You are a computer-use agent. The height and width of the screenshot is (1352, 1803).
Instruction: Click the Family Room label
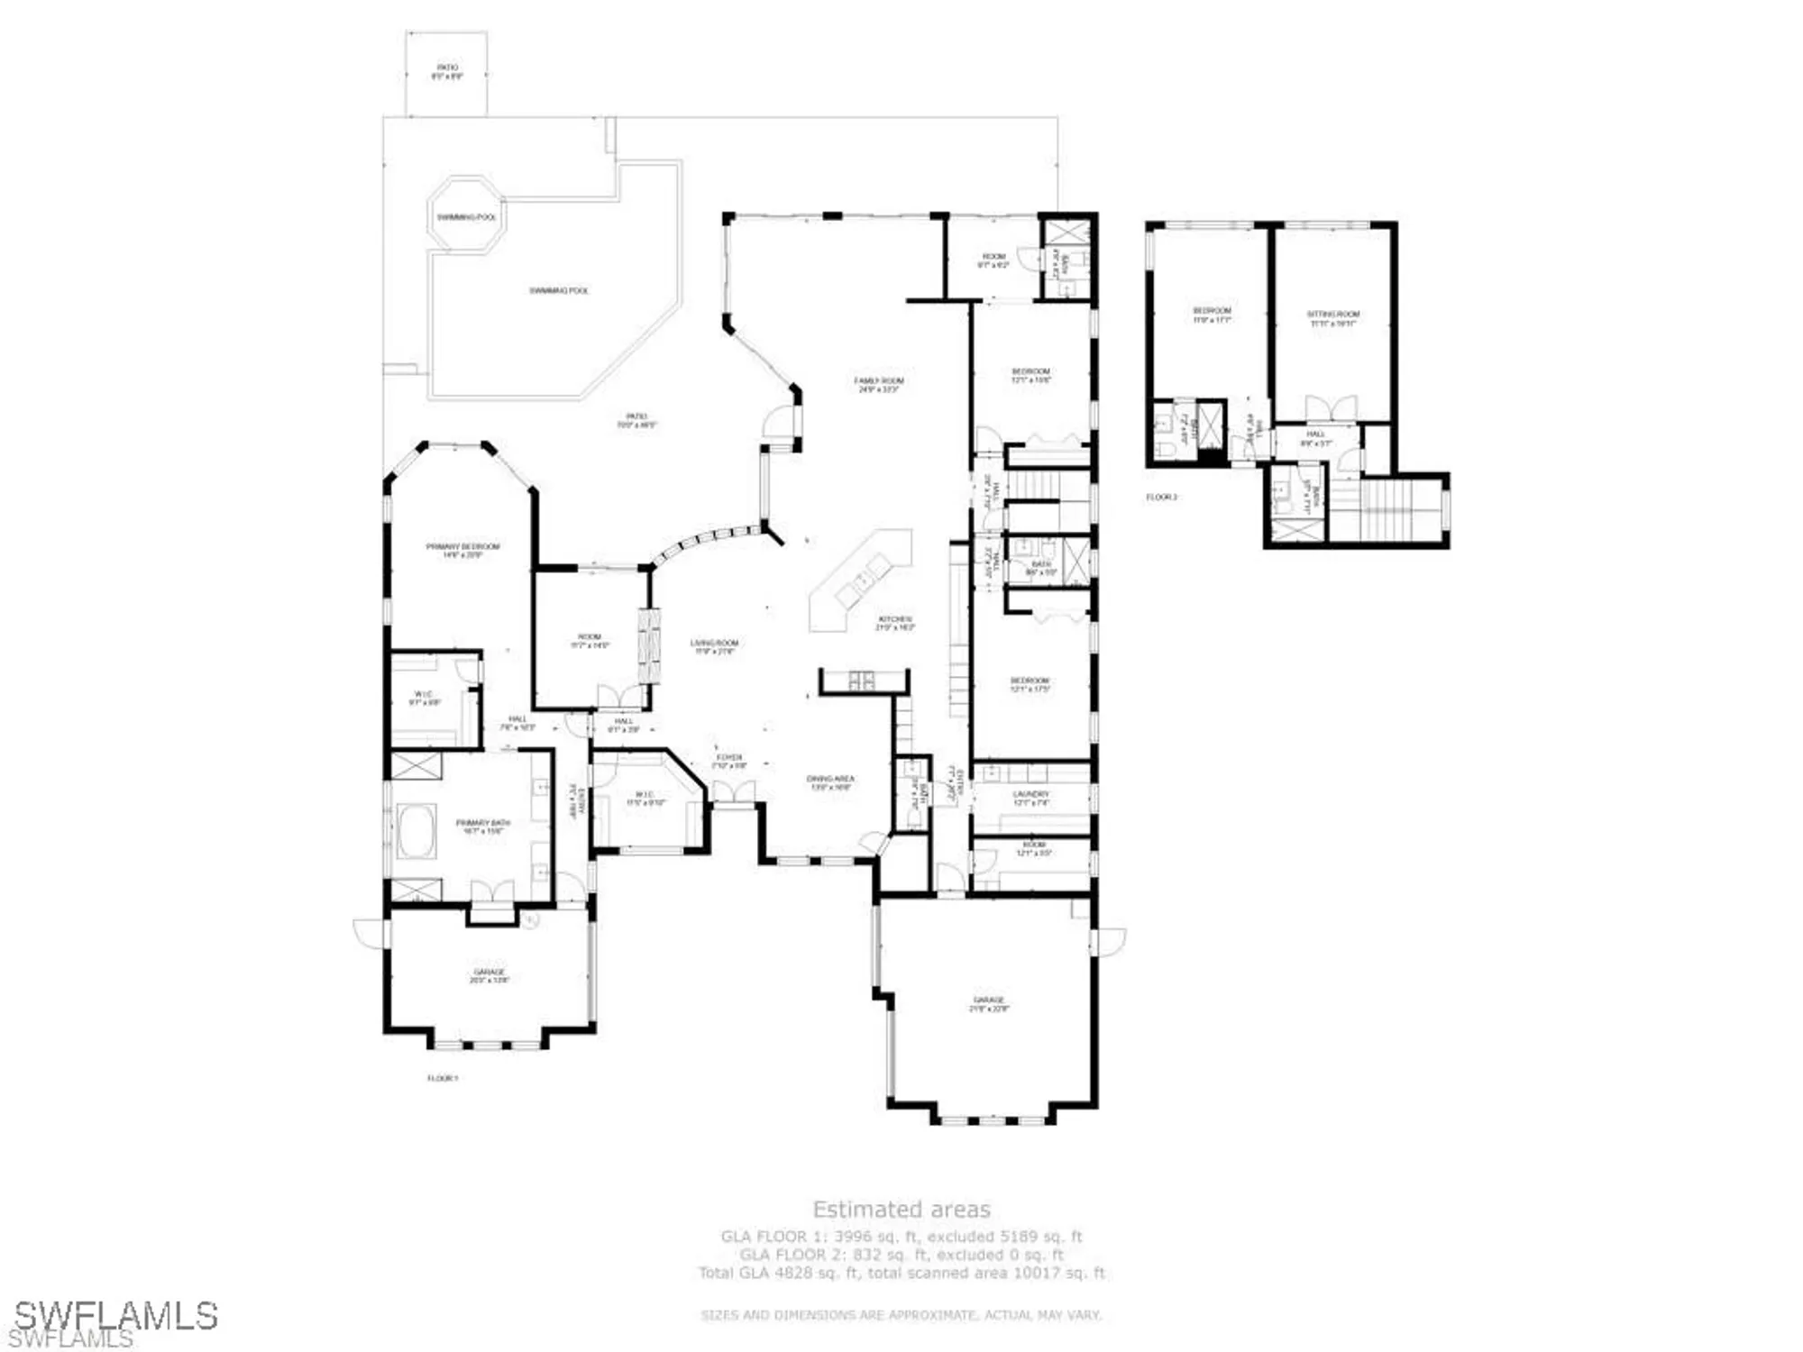point(879,385)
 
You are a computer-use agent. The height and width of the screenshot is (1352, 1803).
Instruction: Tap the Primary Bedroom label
point(462,551)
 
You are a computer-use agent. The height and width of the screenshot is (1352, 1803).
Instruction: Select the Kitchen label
point(894,623)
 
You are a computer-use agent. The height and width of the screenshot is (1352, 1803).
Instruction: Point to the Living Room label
point(714,646)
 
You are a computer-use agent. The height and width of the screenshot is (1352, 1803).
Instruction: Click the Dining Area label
point(830,782)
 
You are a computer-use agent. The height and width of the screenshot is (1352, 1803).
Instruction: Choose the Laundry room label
point(1031,798)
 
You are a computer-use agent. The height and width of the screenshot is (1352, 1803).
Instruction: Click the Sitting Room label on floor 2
point(1332,318)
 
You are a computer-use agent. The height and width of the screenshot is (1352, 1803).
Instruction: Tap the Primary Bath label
point(482,827)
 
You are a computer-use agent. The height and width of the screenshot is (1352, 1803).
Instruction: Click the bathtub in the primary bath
point(416,832)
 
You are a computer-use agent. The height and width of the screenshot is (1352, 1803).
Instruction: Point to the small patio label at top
point(447,71)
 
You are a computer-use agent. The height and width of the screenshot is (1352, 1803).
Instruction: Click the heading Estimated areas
point(901,1210)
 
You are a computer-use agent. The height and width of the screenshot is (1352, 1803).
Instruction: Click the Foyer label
point(729,761)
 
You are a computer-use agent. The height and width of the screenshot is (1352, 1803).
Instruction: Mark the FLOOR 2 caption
point(1161,498)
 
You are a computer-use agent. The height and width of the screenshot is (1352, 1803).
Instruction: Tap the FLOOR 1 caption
point(443,1078)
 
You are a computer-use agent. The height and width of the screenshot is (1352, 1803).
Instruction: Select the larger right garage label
point(989,1004)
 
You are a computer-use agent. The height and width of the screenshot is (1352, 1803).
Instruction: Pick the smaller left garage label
point(490,975)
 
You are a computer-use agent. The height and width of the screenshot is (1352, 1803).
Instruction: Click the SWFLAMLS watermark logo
point(115,1317)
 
